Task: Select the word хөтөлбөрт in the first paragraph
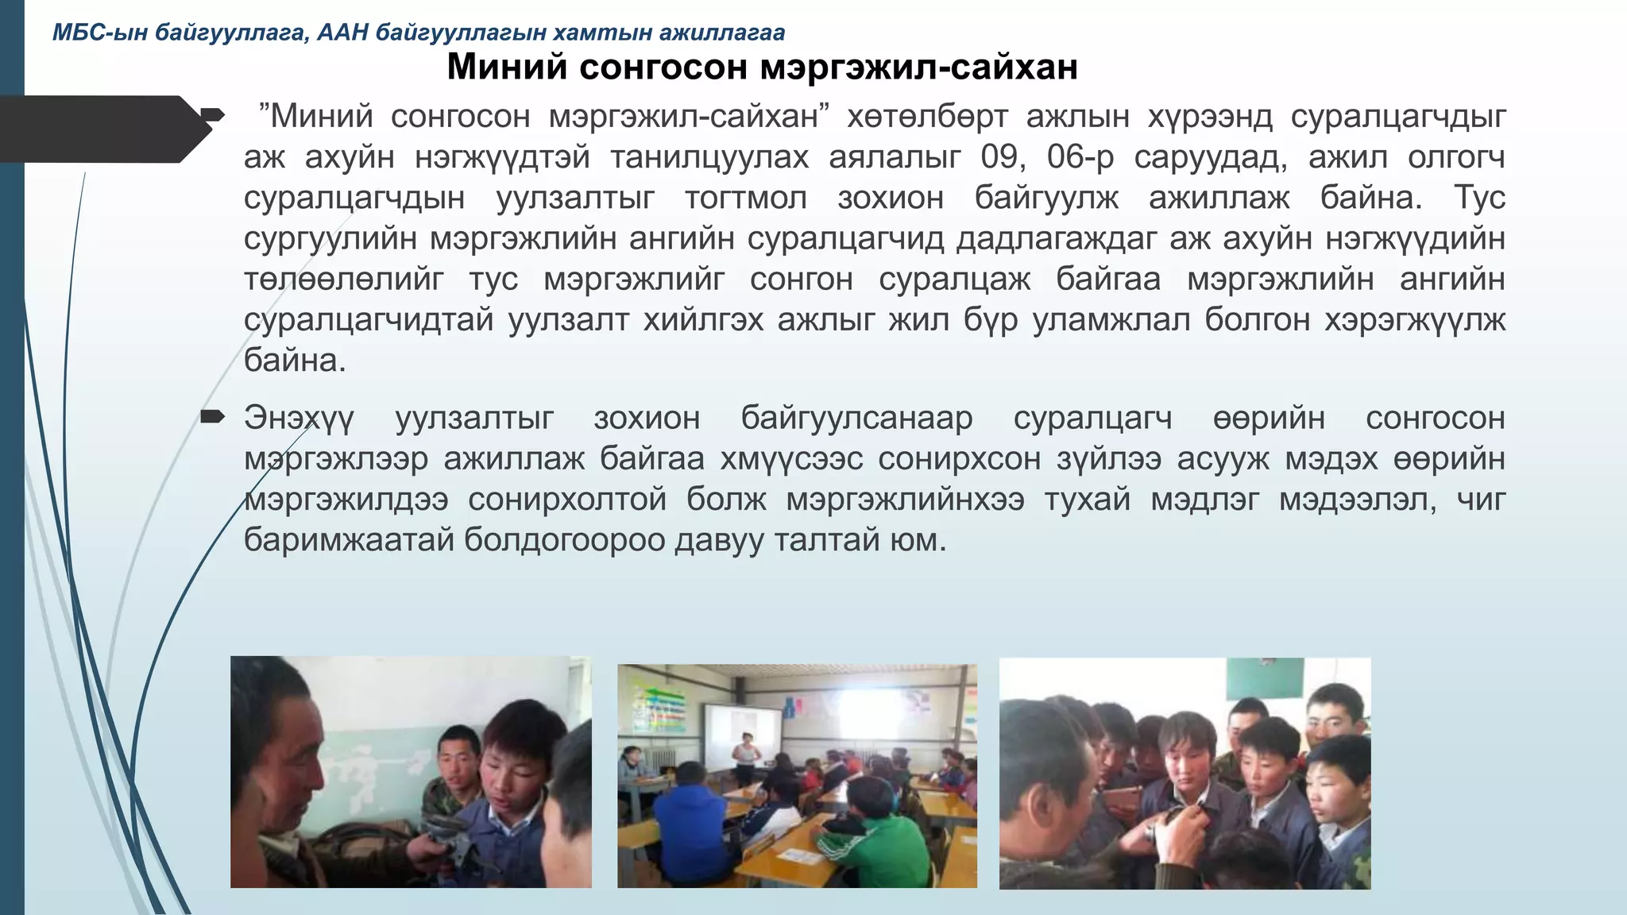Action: (927, 117)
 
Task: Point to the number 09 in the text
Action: (999, 157)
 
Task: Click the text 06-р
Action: (1080, 157)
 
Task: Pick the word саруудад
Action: (1210, 157)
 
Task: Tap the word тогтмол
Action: (745, 198)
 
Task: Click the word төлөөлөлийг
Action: (343, 280)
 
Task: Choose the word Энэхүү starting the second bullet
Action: (299, 418)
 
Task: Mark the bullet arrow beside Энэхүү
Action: (213, 416)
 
